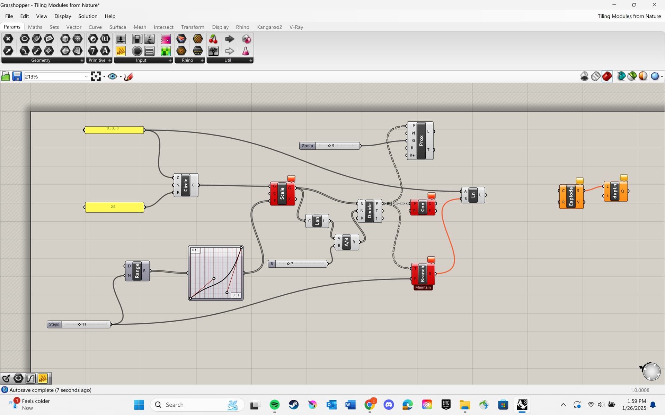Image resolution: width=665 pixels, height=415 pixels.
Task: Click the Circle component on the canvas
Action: (x=186, y=185)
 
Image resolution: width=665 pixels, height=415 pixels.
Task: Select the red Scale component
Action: (x=282, y=193)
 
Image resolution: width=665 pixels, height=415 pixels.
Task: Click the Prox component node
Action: (x=420, y=140)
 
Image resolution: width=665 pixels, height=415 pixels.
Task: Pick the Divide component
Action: (x=370, y=211)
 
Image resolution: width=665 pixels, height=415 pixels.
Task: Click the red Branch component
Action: (x=423, y=274)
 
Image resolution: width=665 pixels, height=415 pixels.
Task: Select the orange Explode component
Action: (x=571, y=196)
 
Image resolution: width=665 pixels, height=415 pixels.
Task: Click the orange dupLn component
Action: (x=615, y=191)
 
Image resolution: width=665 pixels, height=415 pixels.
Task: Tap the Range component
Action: (x=137, y=271)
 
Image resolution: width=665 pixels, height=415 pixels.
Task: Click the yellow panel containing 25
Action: (x=115, y=207)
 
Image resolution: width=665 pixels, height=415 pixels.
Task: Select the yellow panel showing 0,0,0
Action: (x=114, y=130)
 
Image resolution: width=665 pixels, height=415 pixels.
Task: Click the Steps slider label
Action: (x=54, y=324)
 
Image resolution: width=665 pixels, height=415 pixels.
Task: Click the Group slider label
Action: (x=307, y=146)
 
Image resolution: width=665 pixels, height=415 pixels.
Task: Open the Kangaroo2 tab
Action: (x=269, y=27)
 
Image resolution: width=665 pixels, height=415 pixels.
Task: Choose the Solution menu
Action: (x=88, y=16)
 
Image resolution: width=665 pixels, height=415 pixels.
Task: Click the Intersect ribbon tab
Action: (x=163, y=27)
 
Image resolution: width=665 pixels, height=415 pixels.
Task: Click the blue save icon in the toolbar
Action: (x=17, y=76)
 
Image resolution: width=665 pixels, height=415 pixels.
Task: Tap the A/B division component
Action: (x=346, y=242)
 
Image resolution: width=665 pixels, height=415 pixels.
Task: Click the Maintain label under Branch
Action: (x=423, y=287)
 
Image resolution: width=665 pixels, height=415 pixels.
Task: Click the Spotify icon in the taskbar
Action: (x=275, y=405)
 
